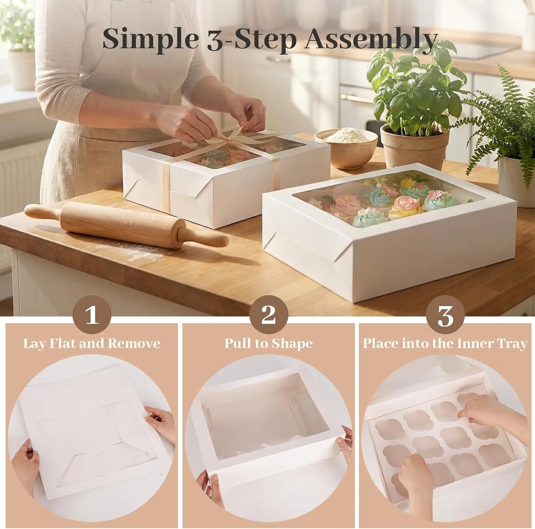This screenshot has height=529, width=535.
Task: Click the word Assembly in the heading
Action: tap(371, 40)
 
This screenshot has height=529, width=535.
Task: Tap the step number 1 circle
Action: tap(92, 315)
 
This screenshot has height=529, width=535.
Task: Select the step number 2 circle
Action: tap(269, 315)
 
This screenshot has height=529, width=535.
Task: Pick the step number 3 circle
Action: tap(445, 315)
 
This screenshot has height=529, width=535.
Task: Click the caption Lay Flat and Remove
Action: tap(92, 344)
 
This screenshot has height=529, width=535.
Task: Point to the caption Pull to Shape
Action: tap(269, 344)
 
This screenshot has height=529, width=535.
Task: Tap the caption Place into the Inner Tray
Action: tap(445, 344)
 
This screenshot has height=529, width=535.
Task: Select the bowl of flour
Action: tap(346, 148)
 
